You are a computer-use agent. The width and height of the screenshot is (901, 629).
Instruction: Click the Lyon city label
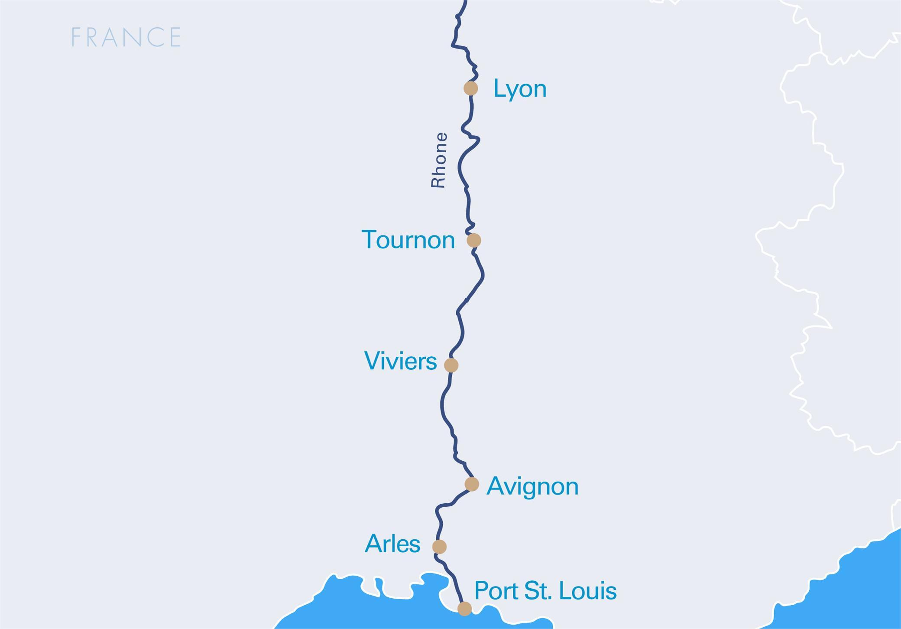(520, 89)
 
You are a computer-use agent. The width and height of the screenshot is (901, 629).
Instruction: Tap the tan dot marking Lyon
(471, 88)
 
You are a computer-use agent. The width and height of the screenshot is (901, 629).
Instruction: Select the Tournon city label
(408, 240)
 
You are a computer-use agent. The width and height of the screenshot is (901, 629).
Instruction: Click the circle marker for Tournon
(474, 240)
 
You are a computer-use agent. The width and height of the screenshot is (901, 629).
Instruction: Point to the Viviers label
(400, 361)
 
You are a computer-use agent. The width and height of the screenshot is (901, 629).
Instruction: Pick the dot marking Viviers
(451, 365)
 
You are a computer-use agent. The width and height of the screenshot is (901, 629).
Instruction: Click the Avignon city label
(532, 486)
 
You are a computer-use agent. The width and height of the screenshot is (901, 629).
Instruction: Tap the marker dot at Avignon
(472, 484)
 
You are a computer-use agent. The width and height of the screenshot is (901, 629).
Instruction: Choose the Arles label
(392, 544)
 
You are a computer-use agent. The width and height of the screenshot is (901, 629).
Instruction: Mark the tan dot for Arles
(439, 547)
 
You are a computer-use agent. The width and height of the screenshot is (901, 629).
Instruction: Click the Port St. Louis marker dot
(464, 609)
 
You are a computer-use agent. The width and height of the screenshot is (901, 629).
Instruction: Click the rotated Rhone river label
(439, 160)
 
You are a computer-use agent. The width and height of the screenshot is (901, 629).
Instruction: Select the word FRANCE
(126, 37)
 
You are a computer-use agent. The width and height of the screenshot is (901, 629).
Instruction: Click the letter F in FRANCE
(76, 37)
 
